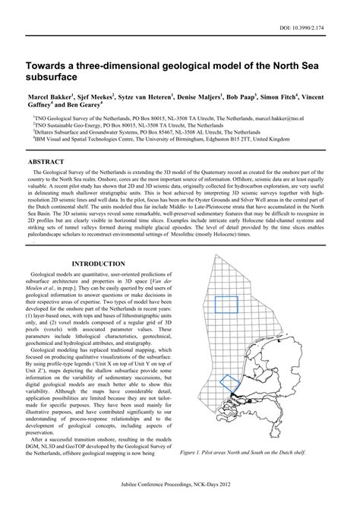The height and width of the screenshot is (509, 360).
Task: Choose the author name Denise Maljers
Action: [201, 98]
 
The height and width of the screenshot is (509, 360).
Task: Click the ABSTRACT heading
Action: [46, 163]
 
